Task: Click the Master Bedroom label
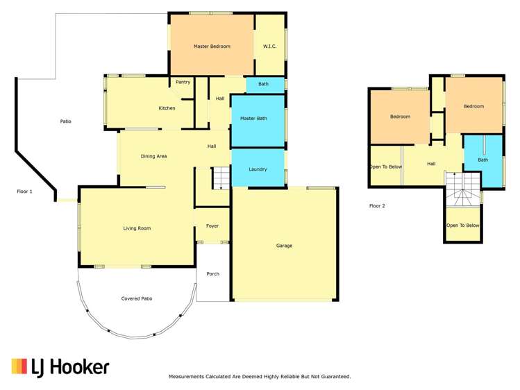(x=212, y=46)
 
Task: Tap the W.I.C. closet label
(x=269, y=46)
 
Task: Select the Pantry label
(x=183, y=82)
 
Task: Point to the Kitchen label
(x=167, y=108)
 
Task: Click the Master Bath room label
(x=253, y=119)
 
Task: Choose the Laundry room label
(x=258, y=169)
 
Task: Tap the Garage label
(x=284, y=246)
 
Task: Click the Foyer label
(x=212, y=226)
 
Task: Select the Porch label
(x=212, y=273)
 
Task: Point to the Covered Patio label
(x=137, y=298)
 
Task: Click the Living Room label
(x=137, y=228)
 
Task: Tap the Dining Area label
(x=153, y=156)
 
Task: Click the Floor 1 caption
(x=24, y=191)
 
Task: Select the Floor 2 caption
(x=377, y=205)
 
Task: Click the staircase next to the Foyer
(x=220, y=178)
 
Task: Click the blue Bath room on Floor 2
(x=483, y=160)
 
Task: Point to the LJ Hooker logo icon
(x=21, y=367)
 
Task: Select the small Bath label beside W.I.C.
(x=263, y=85)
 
